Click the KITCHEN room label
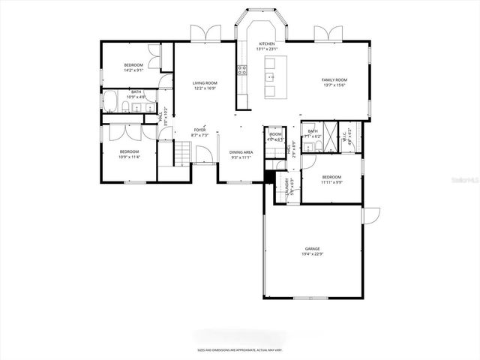[x=266, y=44]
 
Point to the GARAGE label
[x=312, y=248]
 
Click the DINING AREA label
[x=241, y=152]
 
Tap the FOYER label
[x=199, y=130]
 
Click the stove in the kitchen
[x=242, y=71]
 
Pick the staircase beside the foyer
[x=182, y=153]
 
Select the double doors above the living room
[x=204, y=33]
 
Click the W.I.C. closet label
[x=347, y=136]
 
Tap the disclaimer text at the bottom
[x=239, y=349]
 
